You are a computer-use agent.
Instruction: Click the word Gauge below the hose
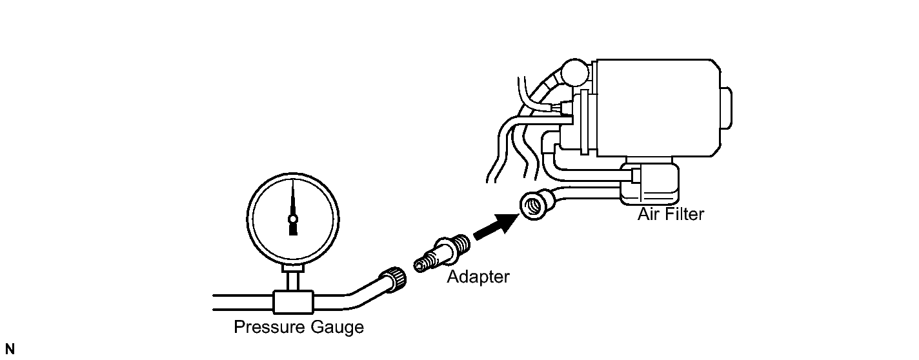click(x=334, y=328)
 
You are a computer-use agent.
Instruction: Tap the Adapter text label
click(x=478, y=277)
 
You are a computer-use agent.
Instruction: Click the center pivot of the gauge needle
click(x=292, y=219)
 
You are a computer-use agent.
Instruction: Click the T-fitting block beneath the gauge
click(x=294, y=300)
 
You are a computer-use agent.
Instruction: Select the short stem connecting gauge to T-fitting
click(x=294, y=280)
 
